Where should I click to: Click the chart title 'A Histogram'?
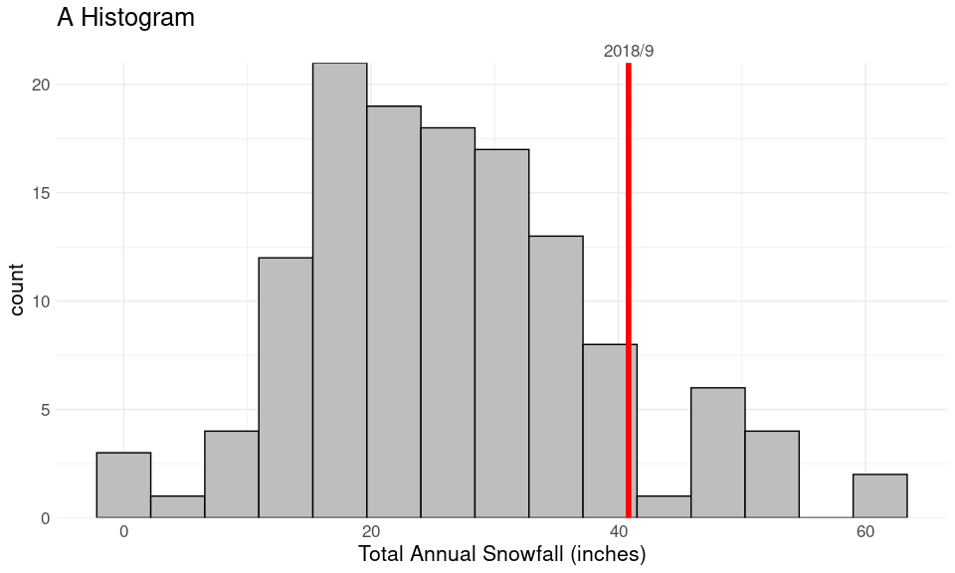(125, 18)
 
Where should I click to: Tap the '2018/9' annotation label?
(629, 51)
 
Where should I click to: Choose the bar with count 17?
(501, 333)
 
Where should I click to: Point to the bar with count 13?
(556, 377)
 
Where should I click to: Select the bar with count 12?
(286, 388)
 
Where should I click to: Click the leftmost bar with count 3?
(123, 485)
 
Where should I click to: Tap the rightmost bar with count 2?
(880, 496)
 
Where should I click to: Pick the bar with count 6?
(718, 453)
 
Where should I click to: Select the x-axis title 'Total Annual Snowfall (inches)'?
(502, 553)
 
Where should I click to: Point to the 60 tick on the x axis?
(865, 532)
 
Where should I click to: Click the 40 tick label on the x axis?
(618, 532)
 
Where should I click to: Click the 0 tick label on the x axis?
(123, 532)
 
